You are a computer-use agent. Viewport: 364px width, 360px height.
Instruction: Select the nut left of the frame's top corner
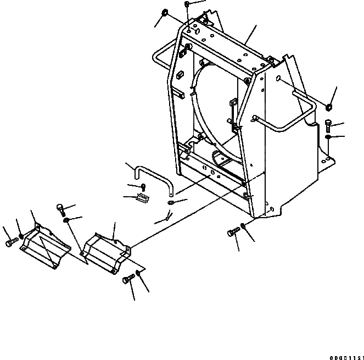point(165,12)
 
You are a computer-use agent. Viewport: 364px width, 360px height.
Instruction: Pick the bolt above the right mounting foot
point(328,123)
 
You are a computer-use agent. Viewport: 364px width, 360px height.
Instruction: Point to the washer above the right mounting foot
point(328,136)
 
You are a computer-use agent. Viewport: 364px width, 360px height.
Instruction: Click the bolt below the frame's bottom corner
point(232,234)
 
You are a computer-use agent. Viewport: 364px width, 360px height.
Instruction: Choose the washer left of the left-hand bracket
point(21,236)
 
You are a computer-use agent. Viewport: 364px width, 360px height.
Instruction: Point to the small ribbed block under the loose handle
point(142,198)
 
